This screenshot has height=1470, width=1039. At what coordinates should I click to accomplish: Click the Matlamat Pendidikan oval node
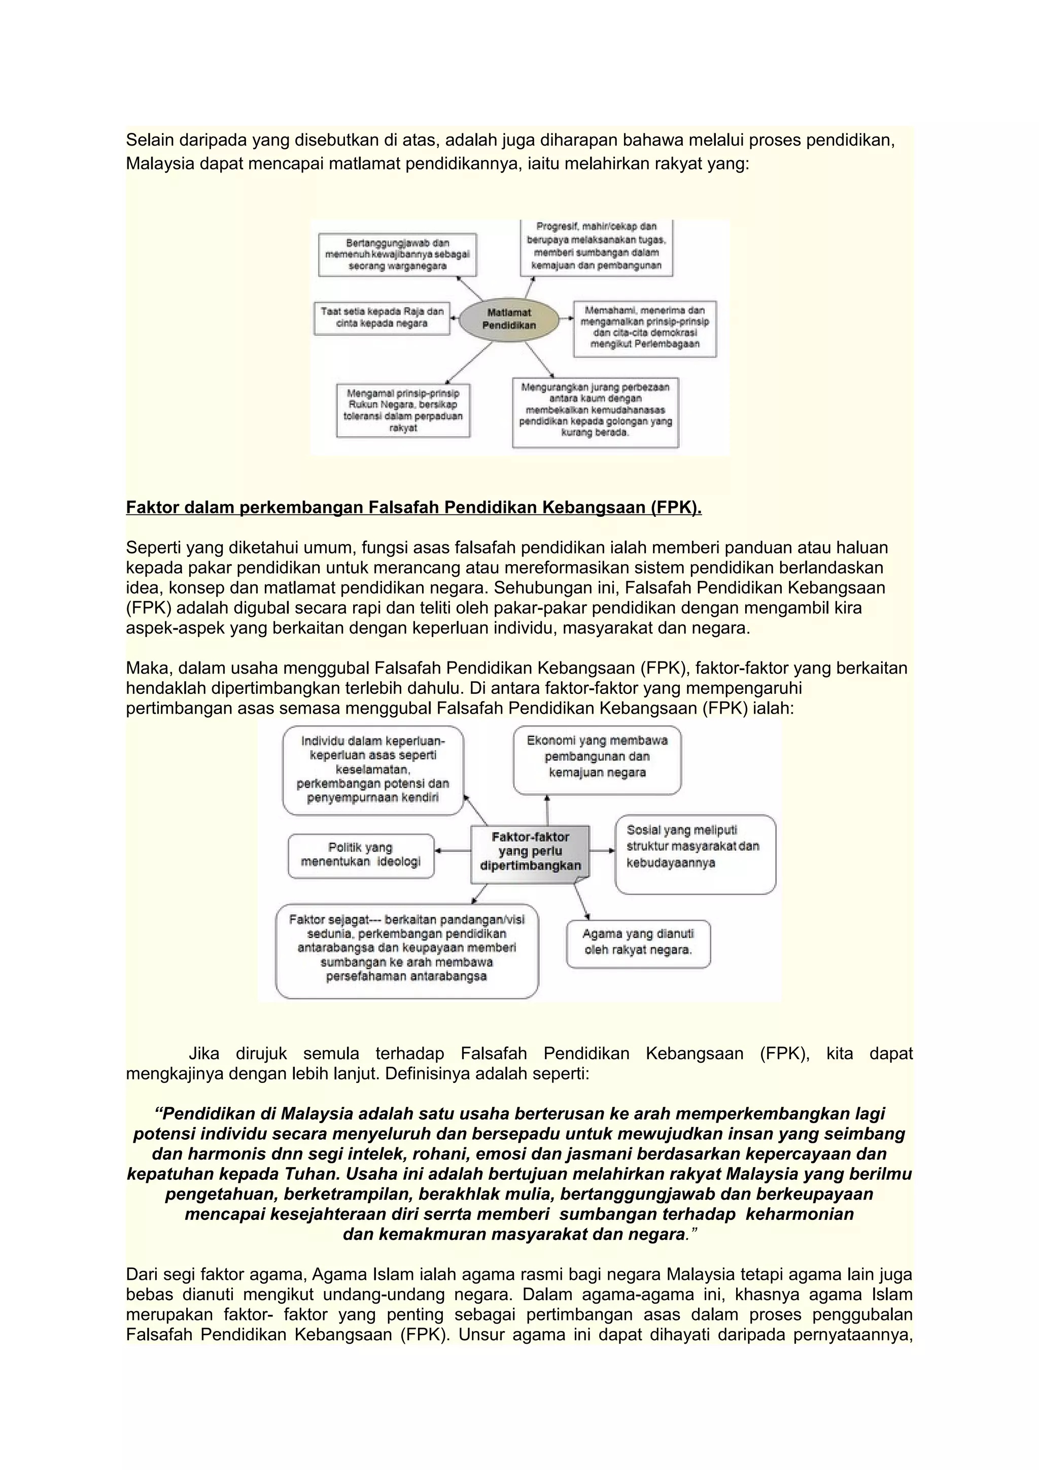coord(508,319)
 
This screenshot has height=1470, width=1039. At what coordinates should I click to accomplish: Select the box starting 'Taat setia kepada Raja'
coord(382,318)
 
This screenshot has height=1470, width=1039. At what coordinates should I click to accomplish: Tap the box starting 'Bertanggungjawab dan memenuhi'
coord(398,255)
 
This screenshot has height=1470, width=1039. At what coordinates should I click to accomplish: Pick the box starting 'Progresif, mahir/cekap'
coord(596,247)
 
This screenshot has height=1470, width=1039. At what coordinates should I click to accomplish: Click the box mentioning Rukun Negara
coord(403,410)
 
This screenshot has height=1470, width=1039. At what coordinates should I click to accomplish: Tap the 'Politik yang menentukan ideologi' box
coord(360,855)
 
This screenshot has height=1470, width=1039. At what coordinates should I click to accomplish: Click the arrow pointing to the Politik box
coord(453,850)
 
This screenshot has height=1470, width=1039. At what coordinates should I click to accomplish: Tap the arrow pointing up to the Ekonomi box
coord(547,810)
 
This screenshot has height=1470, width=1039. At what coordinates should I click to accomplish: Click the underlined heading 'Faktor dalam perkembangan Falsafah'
coord(413,508)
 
